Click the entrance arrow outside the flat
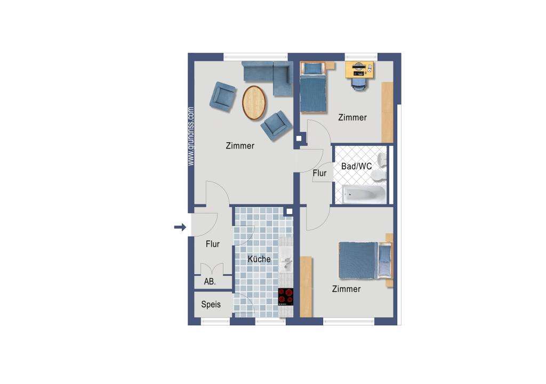click(x=180, y=228)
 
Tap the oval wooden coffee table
click(x=254, y=102)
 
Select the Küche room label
click(x=259, y=259)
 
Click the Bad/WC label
click(x=357, y=166)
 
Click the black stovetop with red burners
click(x=286, y=296)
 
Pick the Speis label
click(x=211, y=305)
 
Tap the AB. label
click(x=210, y=282)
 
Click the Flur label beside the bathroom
click(x=319, y=173)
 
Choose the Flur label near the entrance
click(x=213, y=244)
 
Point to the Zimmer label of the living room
click(x=240, y=146)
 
